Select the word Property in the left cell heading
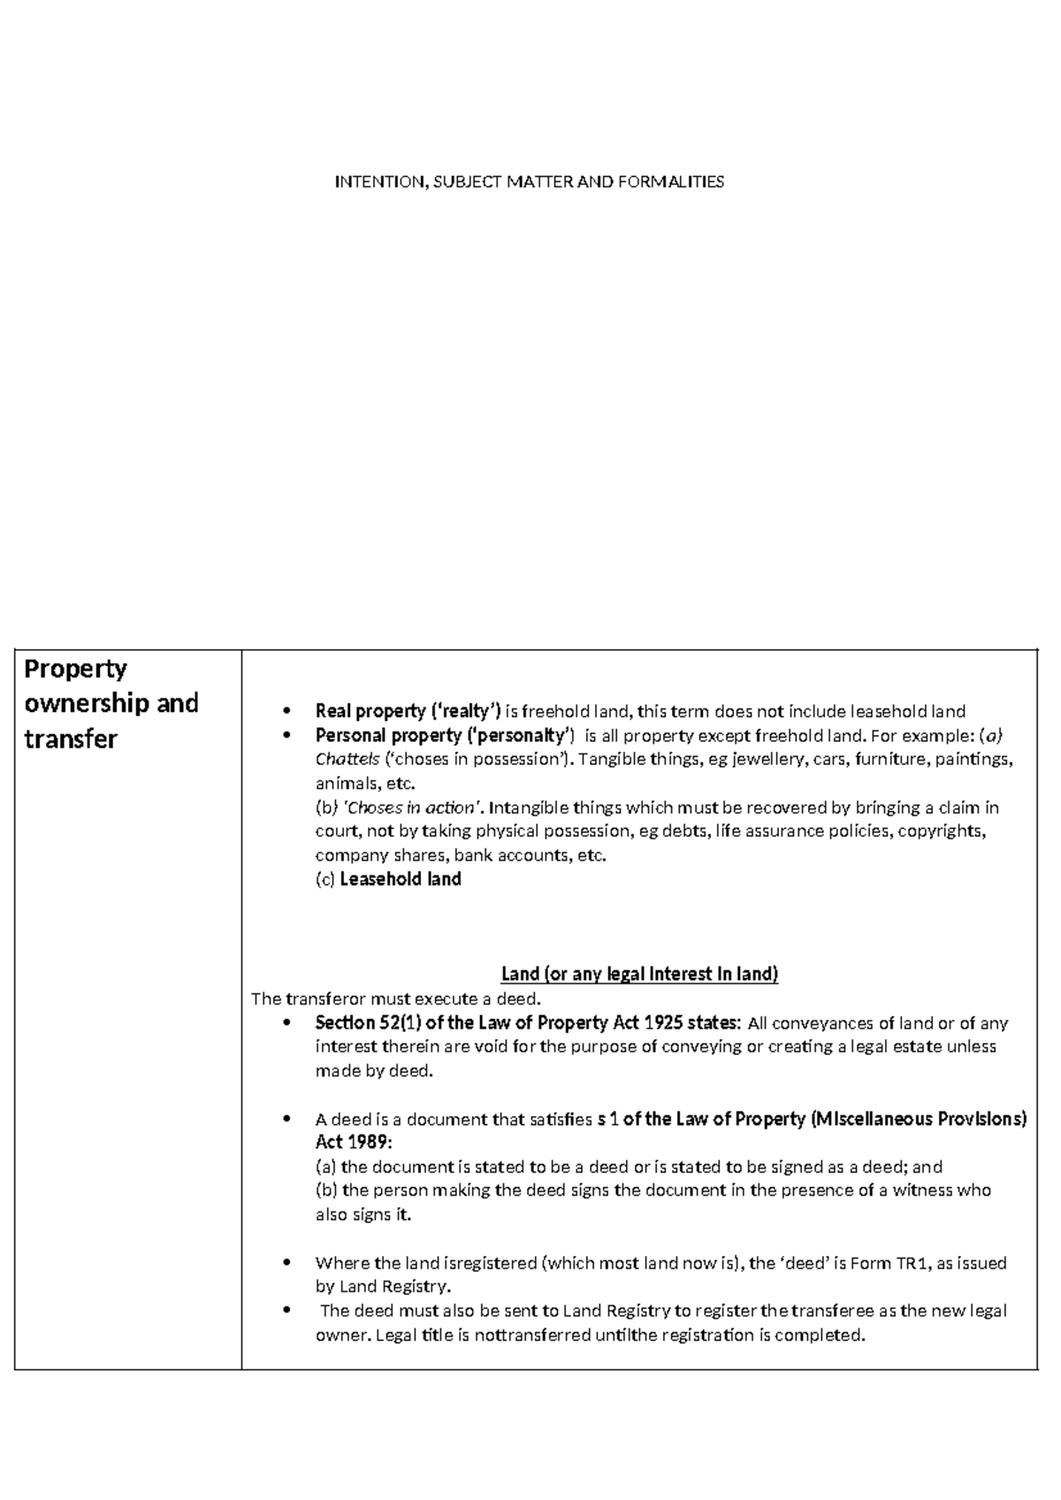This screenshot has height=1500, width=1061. click(75, 670)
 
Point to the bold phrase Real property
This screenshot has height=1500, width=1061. click(370, 711)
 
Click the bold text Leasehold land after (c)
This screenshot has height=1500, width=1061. click(401, 879)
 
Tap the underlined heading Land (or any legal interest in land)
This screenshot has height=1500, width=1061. click(639, 974)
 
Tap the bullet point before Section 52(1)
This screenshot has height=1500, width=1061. click(285, 1023)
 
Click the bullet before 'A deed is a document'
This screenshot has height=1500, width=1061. click(285, 1120)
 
